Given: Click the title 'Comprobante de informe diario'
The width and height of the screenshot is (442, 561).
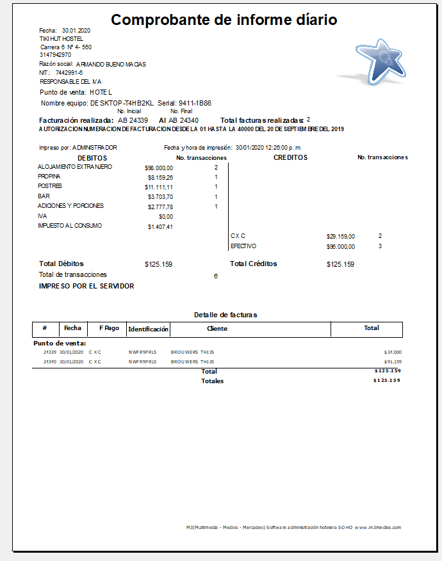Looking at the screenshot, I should click(x=224, y=20).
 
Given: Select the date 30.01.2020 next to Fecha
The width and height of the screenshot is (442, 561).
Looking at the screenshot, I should click(x=76, y=31).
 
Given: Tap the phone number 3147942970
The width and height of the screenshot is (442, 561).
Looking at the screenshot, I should click(x=55, y=55).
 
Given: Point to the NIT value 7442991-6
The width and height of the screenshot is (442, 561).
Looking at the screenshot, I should click(x=69, y=73).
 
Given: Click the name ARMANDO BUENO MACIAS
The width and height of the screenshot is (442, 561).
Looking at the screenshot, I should click(x=111, y=64).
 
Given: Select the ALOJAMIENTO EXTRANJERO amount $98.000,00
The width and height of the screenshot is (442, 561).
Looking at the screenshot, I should click(x=159, y=168).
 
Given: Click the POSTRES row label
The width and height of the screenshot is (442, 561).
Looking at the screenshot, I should click(x=50, y=186).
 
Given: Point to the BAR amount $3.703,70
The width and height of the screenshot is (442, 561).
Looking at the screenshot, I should click(x=160, y=197).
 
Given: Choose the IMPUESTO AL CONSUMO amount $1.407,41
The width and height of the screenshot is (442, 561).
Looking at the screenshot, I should click(x=160, y=226).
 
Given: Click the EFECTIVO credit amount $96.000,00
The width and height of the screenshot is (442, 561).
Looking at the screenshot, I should click(x=340, y=246).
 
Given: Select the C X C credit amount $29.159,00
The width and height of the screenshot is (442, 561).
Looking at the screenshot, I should click(x=340, y=236).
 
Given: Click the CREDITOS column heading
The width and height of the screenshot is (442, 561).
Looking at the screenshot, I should click(x=290, y=157).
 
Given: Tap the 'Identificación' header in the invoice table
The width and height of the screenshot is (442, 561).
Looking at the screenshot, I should click(x=148, y=329).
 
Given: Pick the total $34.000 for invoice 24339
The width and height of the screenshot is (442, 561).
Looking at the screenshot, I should click(x=392, y=352).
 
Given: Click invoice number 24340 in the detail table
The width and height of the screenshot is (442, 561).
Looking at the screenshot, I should click(x=49, y=361).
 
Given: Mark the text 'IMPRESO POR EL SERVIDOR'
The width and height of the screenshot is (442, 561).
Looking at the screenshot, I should click(x=86, y=286).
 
